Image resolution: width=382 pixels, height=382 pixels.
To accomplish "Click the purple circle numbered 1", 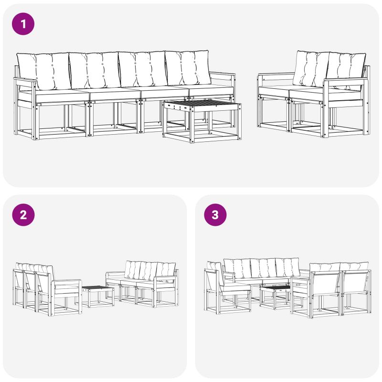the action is coord(23,24).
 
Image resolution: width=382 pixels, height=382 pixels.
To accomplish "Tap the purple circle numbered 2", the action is coord(23,214).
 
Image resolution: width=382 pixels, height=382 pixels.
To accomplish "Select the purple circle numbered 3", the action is coord(215,214).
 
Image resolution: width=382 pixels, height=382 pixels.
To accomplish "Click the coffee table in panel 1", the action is coord(202,121).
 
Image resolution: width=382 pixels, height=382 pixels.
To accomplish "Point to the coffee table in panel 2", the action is coord(98,296).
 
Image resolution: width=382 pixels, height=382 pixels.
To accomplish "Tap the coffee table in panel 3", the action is coord(276,296).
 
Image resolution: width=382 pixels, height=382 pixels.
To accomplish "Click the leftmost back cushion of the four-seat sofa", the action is coord(43,71).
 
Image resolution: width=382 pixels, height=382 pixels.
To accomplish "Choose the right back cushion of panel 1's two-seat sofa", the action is coord(346,71).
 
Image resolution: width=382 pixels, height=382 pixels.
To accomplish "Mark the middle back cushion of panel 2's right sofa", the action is coord(148,271).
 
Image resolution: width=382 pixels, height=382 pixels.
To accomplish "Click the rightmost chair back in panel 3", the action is coord(356,282).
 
